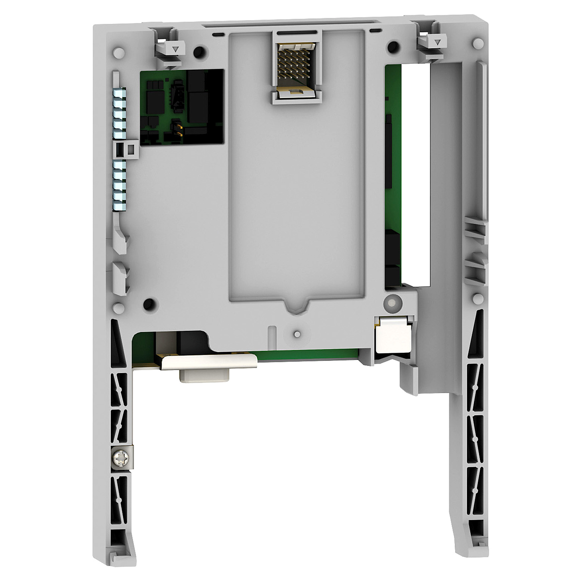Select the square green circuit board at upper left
[182, 106]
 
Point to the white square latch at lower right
[393, 334]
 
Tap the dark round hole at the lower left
[149, 304]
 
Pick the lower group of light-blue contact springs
[119, 185]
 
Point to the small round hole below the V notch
[297, 334]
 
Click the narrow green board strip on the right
[393, 175]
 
